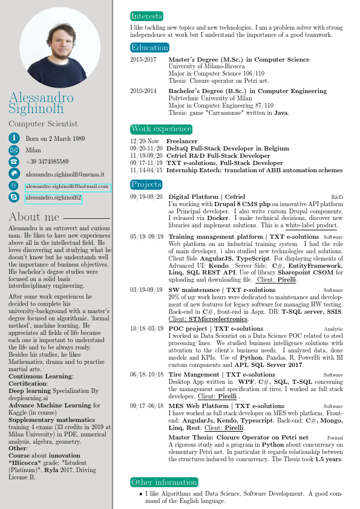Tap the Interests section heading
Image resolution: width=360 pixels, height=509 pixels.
coord(147,16)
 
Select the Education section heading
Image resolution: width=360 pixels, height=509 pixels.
coord(149,48)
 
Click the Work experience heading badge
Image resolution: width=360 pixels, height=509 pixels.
coord(161,129)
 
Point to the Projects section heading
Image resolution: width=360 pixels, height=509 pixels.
coord(146,184)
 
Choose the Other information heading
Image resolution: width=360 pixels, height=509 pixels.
coord(156,482)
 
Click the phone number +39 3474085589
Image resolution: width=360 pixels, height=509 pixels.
coord(47,162)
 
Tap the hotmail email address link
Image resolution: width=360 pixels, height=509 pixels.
coord(67,187)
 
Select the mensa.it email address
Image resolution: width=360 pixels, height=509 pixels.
coord(65,173)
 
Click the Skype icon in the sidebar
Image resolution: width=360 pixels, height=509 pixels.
coord(13,197)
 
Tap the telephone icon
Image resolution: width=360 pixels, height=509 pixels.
coord(13,162)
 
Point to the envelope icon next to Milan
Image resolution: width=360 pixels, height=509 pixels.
coord(13,151)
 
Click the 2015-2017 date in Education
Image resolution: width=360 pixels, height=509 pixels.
coord(143,60)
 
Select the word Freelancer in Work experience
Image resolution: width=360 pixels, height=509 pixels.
coord(182,141)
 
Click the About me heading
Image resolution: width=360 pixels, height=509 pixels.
coord(34,217)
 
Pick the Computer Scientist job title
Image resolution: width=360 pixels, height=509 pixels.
coord(43,124)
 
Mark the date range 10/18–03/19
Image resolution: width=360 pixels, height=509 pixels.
coord(146,328)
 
